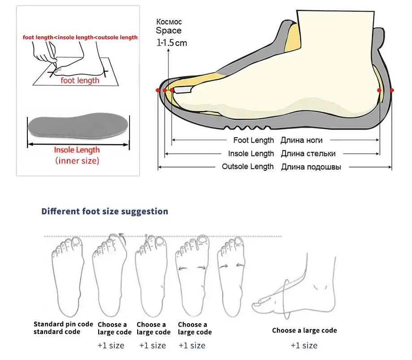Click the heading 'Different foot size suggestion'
(104, 211)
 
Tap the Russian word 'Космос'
(169, 22)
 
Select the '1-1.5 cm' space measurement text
(171, 43)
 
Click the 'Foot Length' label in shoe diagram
(253, 140)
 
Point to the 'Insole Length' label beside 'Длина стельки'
(251, 154)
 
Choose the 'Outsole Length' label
(247, 167)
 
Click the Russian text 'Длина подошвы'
(311, 167)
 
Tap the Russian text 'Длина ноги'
(301, 140)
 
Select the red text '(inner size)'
(77, 160)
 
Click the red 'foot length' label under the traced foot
(80, 80)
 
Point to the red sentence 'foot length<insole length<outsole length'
(80, 37)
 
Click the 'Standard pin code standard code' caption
(63, 328)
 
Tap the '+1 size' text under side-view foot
(304, 345)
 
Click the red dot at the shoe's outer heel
(392, 90)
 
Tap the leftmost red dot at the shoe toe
(158, 90)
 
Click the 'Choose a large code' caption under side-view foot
(304, 330)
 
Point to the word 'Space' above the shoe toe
(169, 31)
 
